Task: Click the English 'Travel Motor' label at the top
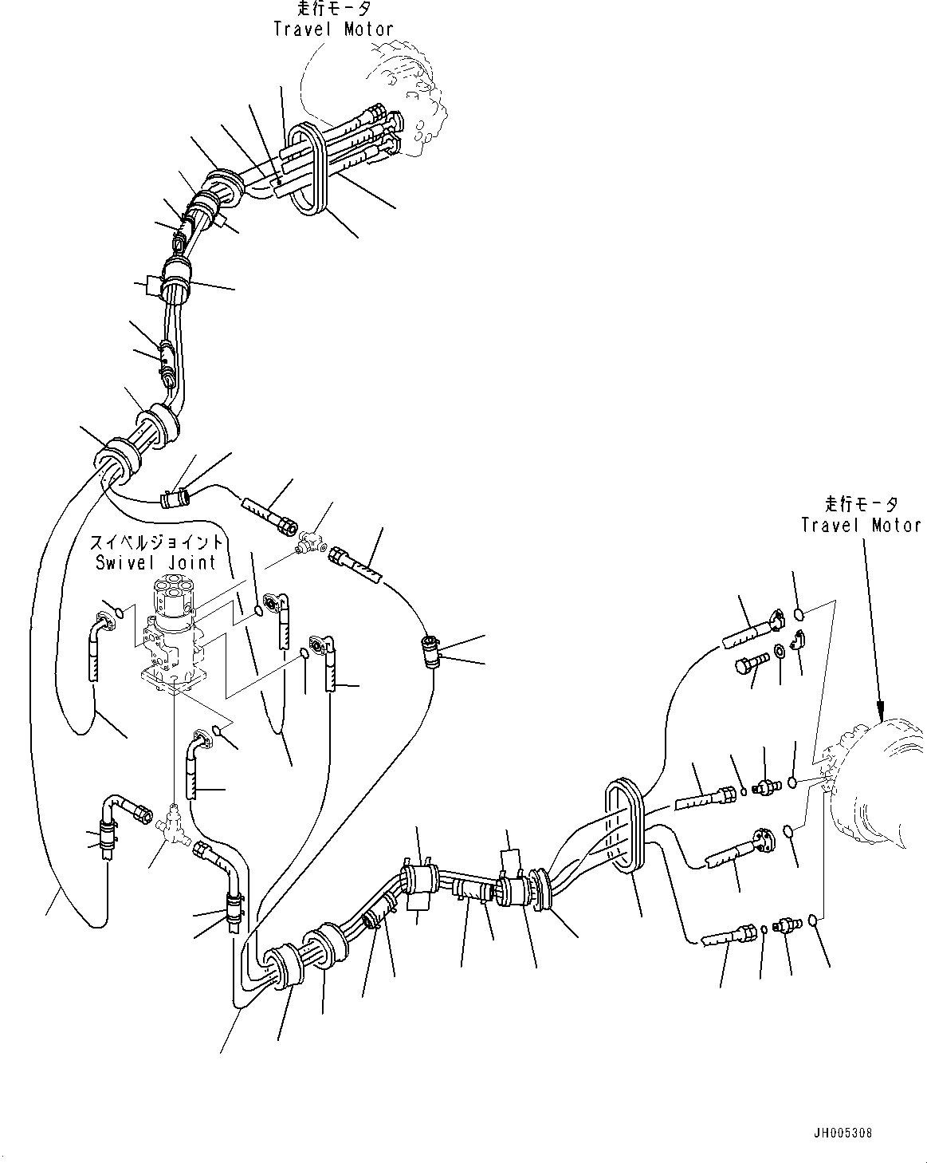tap(333, 30)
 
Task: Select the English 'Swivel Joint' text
tap(155, 562)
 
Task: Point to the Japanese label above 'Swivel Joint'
tap(157, 542)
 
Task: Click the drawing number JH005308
tap(843, 1132)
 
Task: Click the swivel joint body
tap(171, 630)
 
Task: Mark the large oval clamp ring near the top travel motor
tap(305, 168)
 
